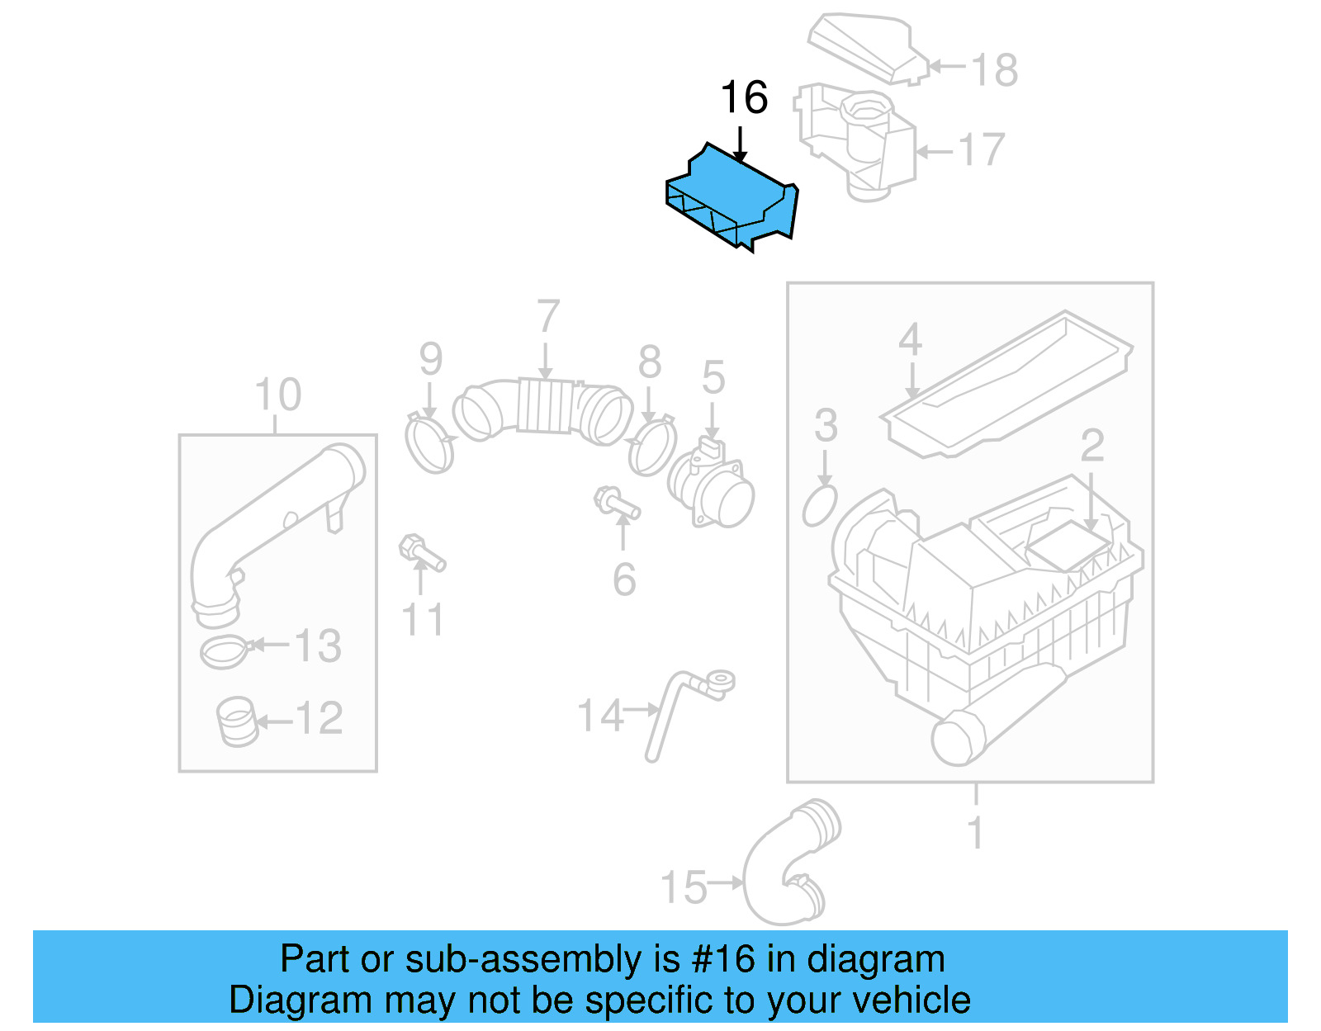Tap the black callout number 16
pos(744,98)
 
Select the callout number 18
pos(994,70)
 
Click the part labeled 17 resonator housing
pos(859,144)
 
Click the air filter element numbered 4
pos(1007,384)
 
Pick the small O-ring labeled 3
pos(820,505)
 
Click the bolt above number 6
pos(615,503)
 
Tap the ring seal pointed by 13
pos(224,653)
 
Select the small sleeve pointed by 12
pos(237,721)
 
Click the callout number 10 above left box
pos(277,395)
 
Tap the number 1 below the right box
pos(975,833)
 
